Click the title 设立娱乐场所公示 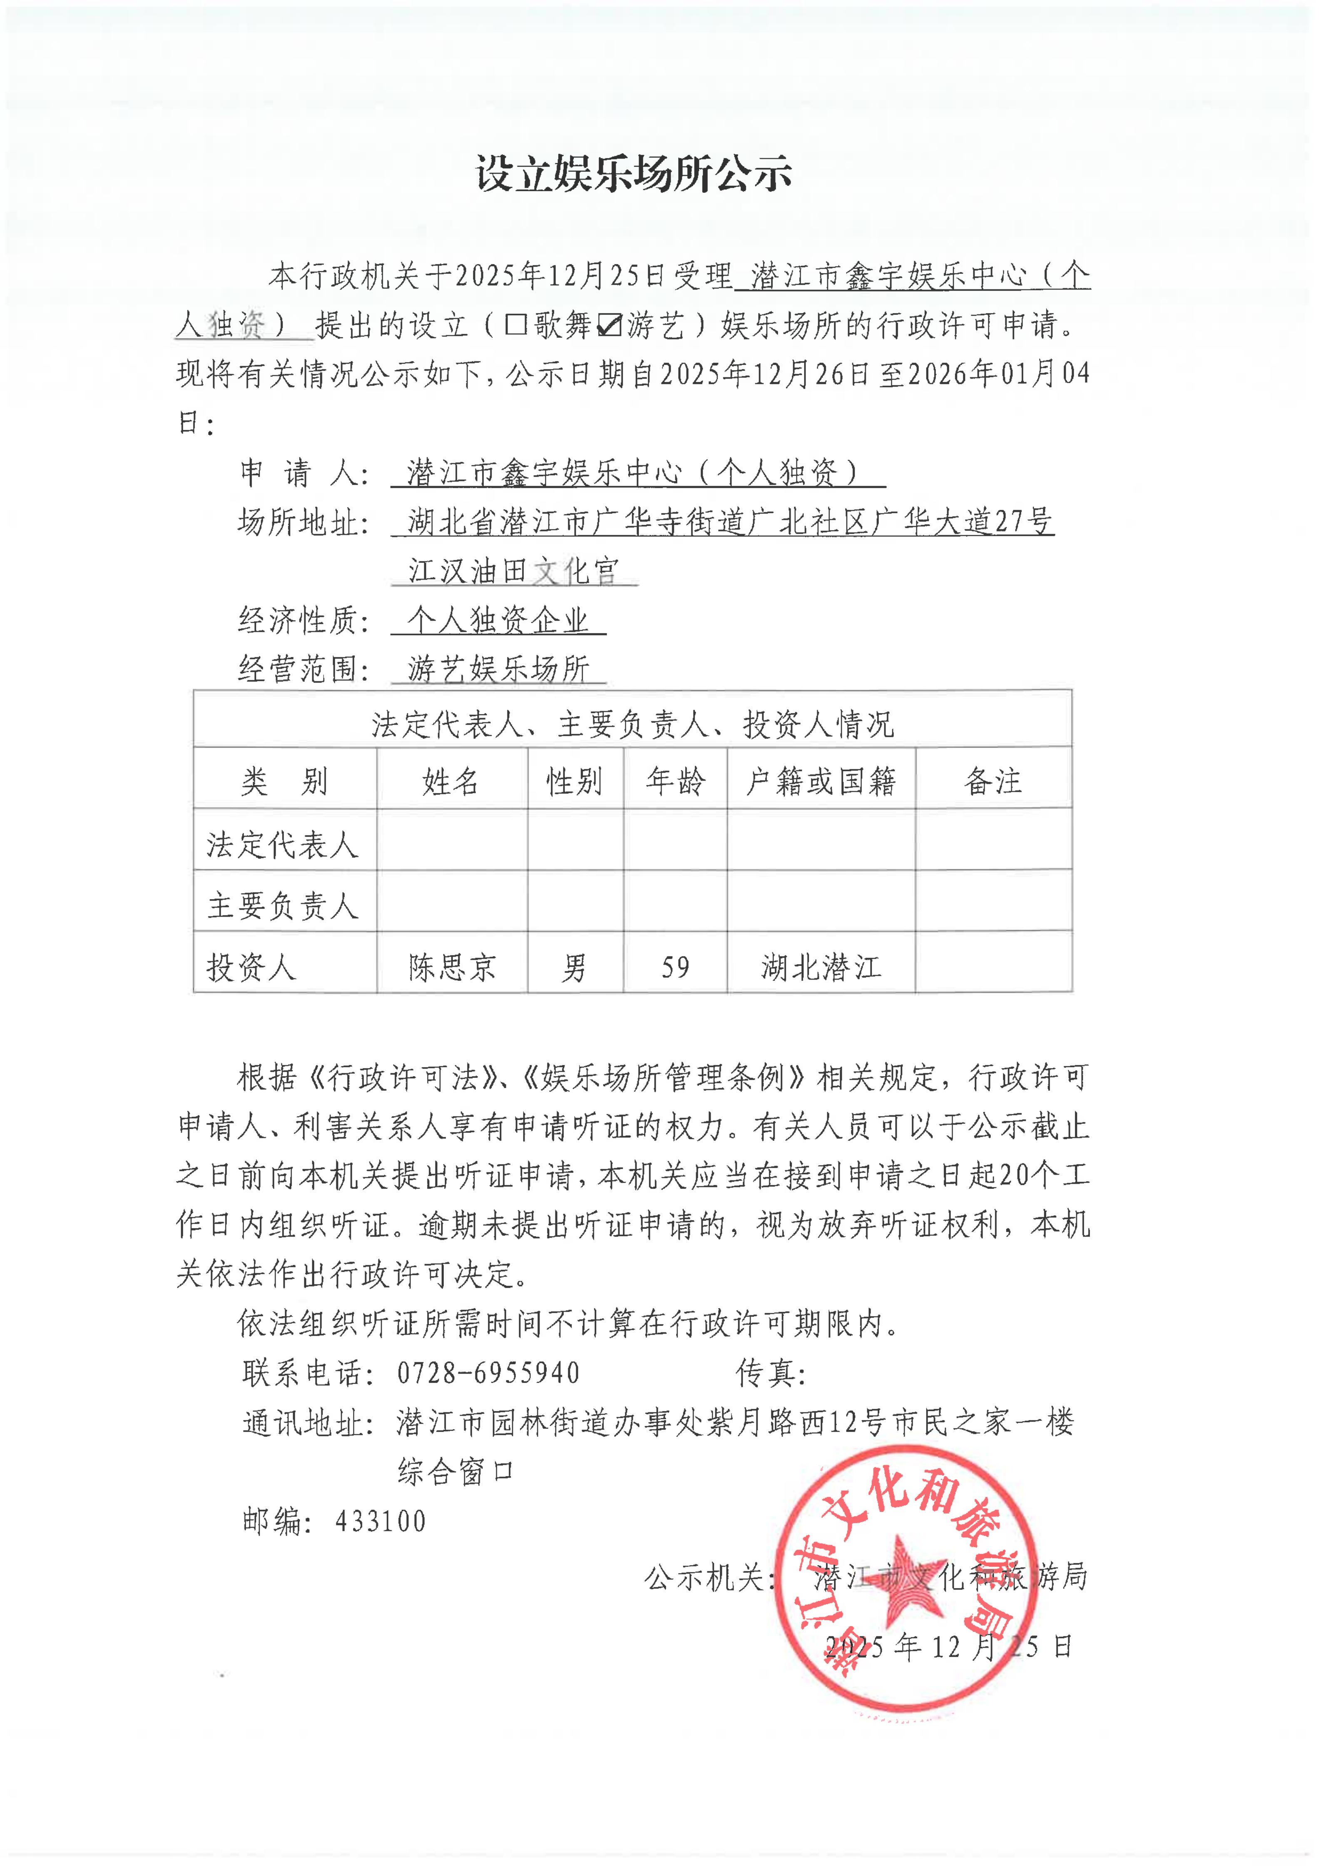pyautogui.click(x=634, y=174)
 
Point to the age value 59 pyautogui.click(x=675, y=968)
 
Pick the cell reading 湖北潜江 pyautogui.click(x=821, y=968)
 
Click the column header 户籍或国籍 pyautogui.click(x=821, y=781)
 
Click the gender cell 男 pyautogui.click(x=574, y=968)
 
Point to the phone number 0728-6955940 pyautogui.click(x=488, y=1373)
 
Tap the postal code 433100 pyautogui.click(x=380, y=1521)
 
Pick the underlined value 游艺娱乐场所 pyautogui.click(x=498, y=669)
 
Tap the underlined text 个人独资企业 pyautogui.click(x=498, y=621)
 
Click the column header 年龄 pyautogui.click(x=675, y=781)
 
